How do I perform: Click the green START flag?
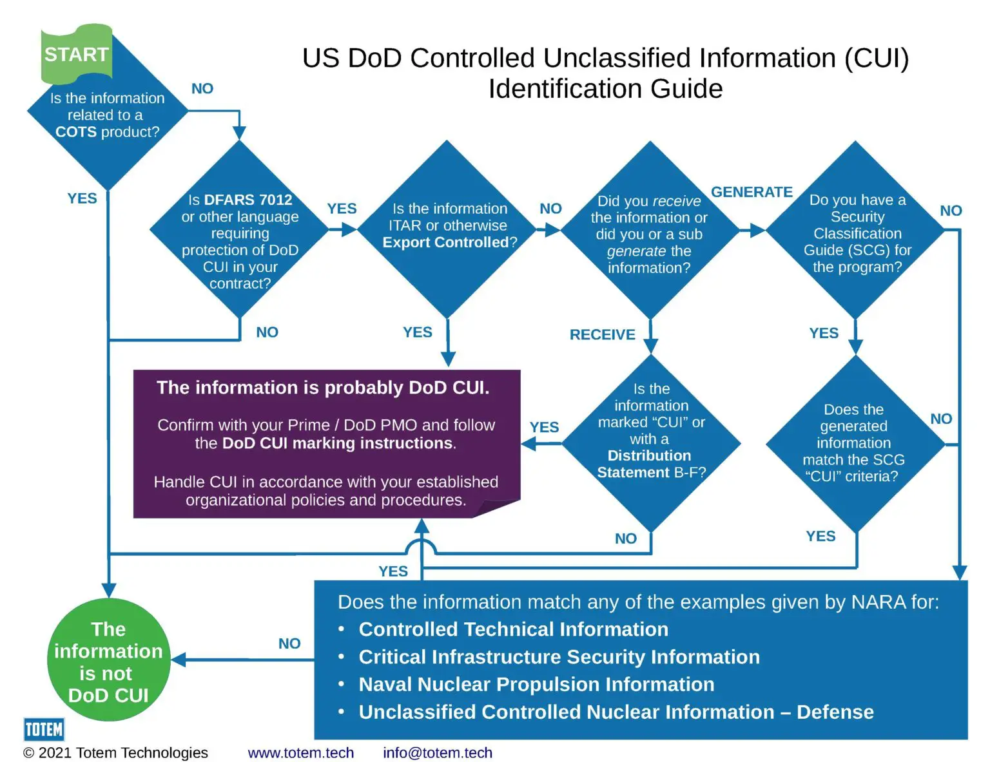[x=76, y=54]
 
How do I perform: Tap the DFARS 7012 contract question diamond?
[x=240, y=241]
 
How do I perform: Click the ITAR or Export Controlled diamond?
[x=449, y=226]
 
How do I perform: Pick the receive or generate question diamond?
[x=649, y=234]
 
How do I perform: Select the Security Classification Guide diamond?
[x=857, y=233]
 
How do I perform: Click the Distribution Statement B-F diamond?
[x=651, y=438]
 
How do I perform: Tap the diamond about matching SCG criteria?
[x=854, y=443]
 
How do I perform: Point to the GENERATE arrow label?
[x=752, y=192]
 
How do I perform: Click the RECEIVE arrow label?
[x=602, y=335]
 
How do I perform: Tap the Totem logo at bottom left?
[x=44, y=730]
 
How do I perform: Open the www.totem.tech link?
[x=300, y=752]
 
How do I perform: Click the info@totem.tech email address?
[x=437, y=752]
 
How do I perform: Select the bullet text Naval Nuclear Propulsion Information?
[x=536, y=684]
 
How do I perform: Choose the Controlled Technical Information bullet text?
[x=513, y=629]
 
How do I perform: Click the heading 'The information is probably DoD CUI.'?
[x=323, y=388]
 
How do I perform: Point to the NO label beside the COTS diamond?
[x=202, y=89]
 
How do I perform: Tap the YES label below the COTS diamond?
[x=82, y=198]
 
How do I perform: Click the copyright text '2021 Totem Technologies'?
[x=122, y=752]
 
